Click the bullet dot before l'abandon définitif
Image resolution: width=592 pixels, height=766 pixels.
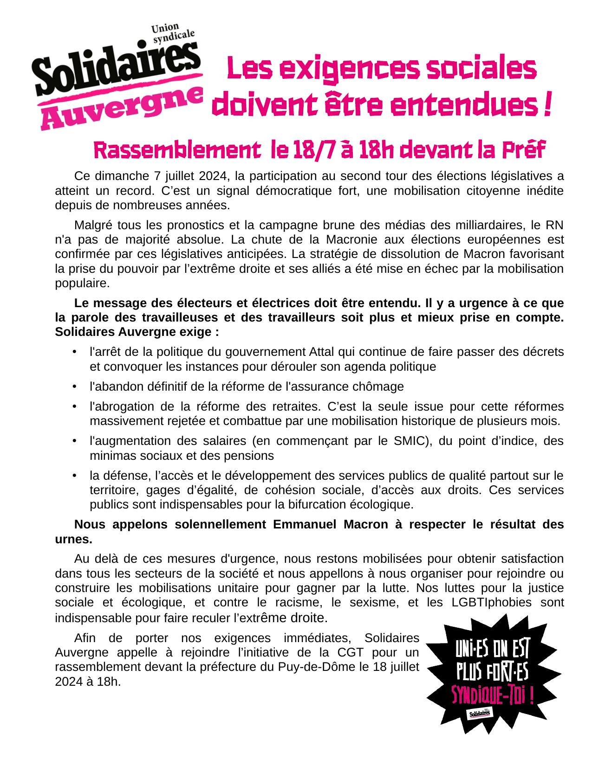(x=74, y=386)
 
